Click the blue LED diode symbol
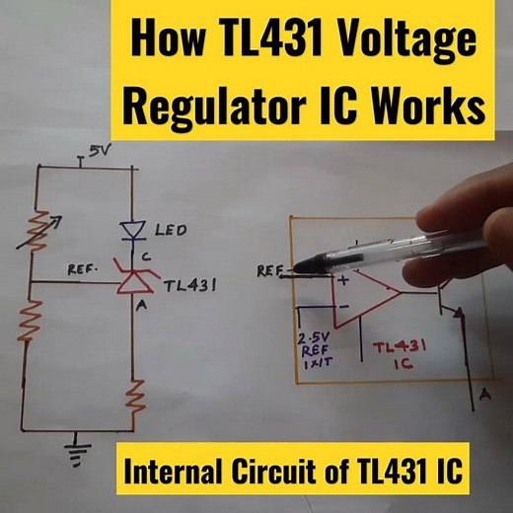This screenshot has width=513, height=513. pos(132,231)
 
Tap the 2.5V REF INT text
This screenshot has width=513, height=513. pos(318,351)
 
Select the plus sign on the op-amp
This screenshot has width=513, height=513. pos(344,280)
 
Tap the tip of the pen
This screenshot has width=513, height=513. pos(298,265)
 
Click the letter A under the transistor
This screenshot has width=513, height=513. pos(484,396)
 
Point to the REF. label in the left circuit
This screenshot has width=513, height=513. pos(81,268)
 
